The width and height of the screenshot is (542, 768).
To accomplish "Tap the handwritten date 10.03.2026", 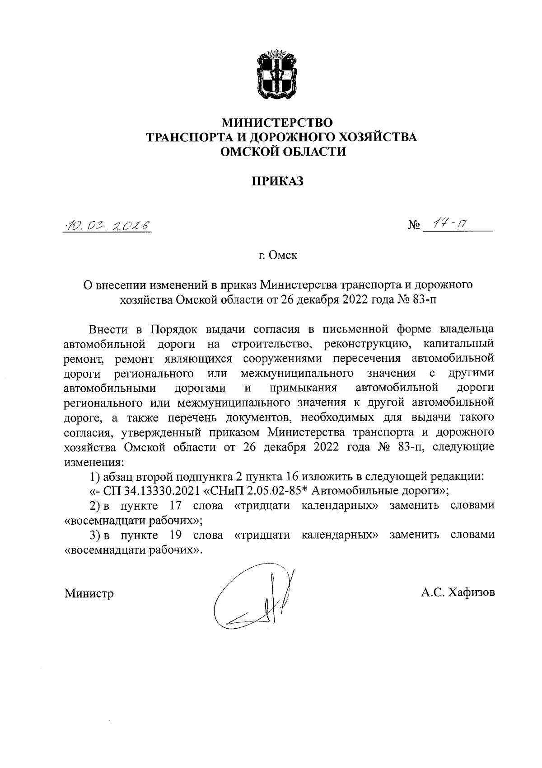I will pos(107,225).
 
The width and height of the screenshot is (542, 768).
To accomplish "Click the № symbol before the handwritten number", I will pos(414,225).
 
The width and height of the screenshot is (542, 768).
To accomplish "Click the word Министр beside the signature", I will pos(89,593).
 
